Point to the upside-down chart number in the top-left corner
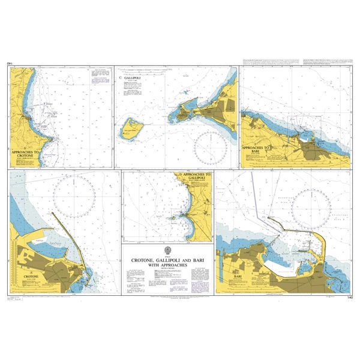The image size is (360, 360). click(x=10, y=63)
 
